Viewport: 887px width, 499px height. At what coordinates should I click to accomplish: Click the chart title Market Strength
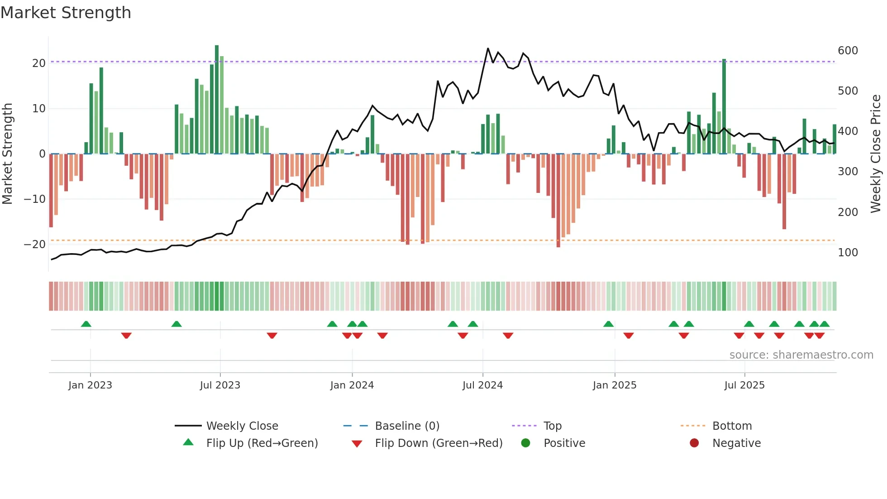(66, 13)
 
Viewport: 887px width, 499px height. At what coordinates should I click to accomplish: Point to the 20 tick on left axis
(39, 63)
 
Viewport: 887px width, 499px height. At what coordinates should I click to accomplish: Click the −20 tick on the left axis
(35, 245)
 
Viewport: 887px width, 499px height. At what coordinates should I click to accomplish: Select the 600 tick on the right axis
(848, 51)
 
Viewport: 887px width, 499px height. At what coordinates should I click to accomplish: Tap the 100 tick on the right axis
(848, 253)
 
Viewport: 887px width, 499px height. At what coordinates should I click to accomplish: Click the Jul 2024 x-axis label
(482, 385)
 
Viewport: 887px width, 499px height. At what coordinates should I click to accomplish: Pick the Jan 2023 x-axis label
(90, 385)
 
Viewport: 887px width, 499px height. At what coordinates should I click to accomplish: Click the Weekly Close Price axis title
(876, 154)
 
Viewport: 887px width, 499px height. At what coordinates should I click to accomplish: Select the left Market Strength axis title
(7, 154)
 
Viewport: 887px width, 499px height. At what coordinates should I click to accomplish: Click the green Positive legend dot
(525, 443)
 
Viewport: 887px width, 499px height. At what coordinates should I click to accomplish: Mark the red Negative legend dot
(694, 443)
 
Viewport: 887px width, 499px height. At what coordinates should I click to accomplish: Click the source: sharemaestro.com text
(801, 355)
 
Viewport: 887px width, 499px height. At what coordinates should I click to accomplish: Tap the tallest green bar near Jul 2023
(217, 100)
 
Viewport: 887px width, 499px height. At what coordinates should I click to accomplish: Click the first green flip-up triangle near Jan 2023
(86, 324)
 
